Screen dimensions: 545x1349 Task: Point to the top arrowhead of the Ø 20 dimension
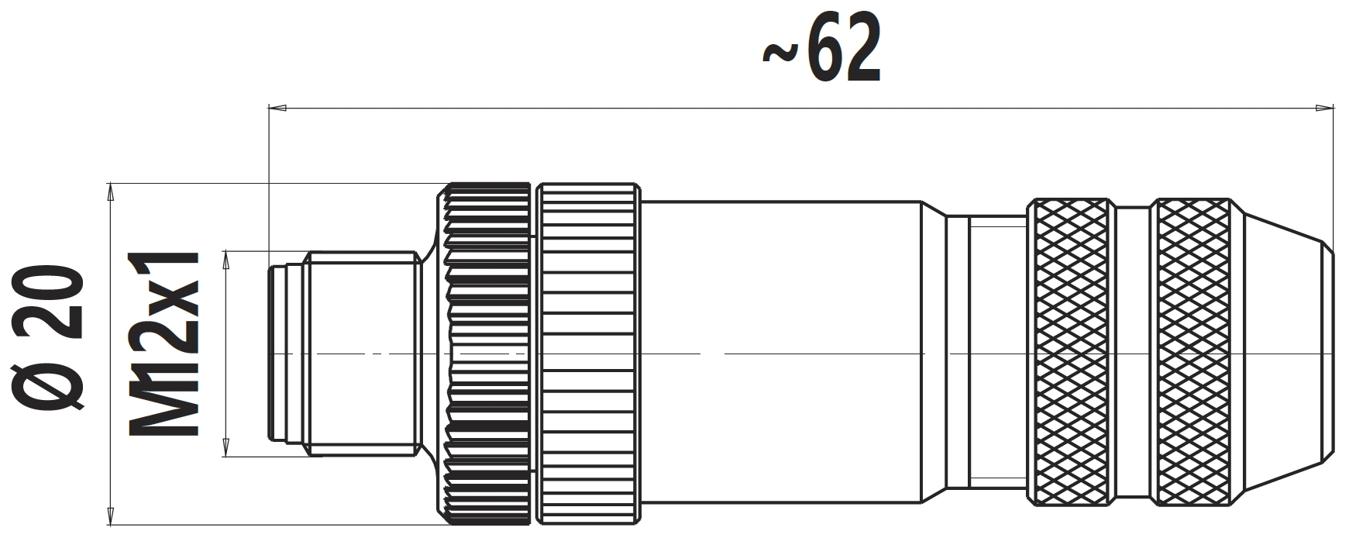tap(111, 192)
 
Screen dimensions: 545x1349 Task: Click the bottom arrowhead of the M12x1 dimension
tap(227, 447)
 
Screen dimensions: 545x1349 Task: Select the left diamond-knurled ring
tap(1071, 353)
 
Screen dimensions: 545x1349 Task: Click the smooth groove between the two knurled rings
tap(1132, 353)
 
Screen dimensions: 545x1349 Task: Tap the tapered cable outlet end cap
tap(1282, 353)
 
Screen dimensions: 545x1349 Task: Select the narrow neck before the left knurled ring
tap(984, 353)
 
